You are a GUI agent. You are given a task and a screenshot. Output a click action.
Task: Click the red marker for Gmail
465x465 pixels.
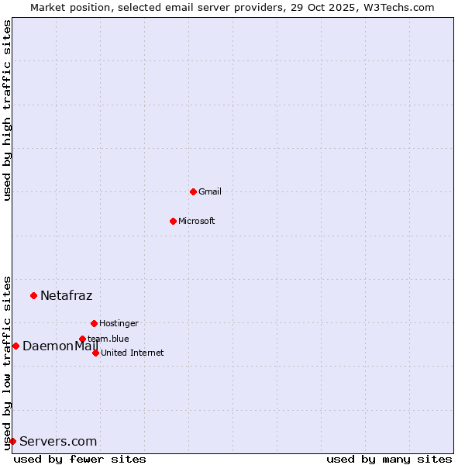(193, 191)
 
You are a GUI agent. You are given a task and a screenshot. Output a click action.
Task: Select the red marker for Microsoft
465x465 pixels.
(173, 221)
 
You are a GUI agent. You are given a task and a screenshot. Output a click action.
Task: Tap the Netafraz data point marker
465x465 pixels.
(33, 295)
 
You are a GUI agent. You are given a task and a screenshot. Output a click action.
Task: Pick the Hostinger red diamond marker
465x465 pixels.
(94, 323)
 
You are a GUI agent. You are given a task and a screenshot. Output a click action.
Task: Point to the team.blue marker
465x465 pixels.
(82, 339)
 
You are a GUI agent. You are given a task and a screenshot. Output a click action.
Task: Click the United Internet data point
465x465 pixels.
(95, 353)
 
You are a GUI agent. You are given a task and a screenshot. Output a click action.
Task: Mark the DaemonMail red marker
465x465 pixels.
(15, 346)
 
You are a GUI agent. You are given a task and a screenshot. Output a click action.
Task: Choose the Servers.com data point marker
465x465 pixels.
(12, 441)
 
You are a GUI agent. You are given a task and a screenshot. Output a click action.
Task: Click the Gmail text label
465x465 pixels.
(210, 191)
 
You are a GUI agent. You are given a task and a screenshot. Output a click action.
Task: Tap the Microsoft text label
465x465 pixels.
(197, 221)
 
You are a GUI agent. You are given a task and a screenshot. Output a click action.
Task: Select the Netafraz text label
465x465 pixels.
(66, 295)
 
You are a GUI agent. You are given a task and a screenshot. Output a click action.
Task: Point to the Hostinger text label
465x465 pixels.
(119, 323)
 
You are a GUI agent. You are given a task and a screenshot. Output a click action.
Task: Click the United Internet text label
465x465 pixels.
(133, 353)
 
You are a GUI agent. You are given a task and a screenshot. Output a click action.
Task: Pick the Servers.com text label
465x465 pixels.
(58, 442)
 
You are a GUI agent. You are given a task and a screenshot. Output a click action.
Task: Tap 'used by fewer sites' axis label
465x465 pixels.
(80, 459)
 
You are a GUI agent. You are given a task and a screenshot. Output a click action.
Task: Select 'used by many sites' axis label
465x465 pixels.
(389, 459)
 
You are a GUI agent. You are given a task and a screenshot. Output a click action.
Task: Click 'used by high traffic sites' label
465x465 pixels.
(8, 110)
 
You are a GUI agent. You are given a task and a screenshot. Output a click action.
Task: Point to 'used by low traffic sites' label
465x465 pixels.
(8, 362)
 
